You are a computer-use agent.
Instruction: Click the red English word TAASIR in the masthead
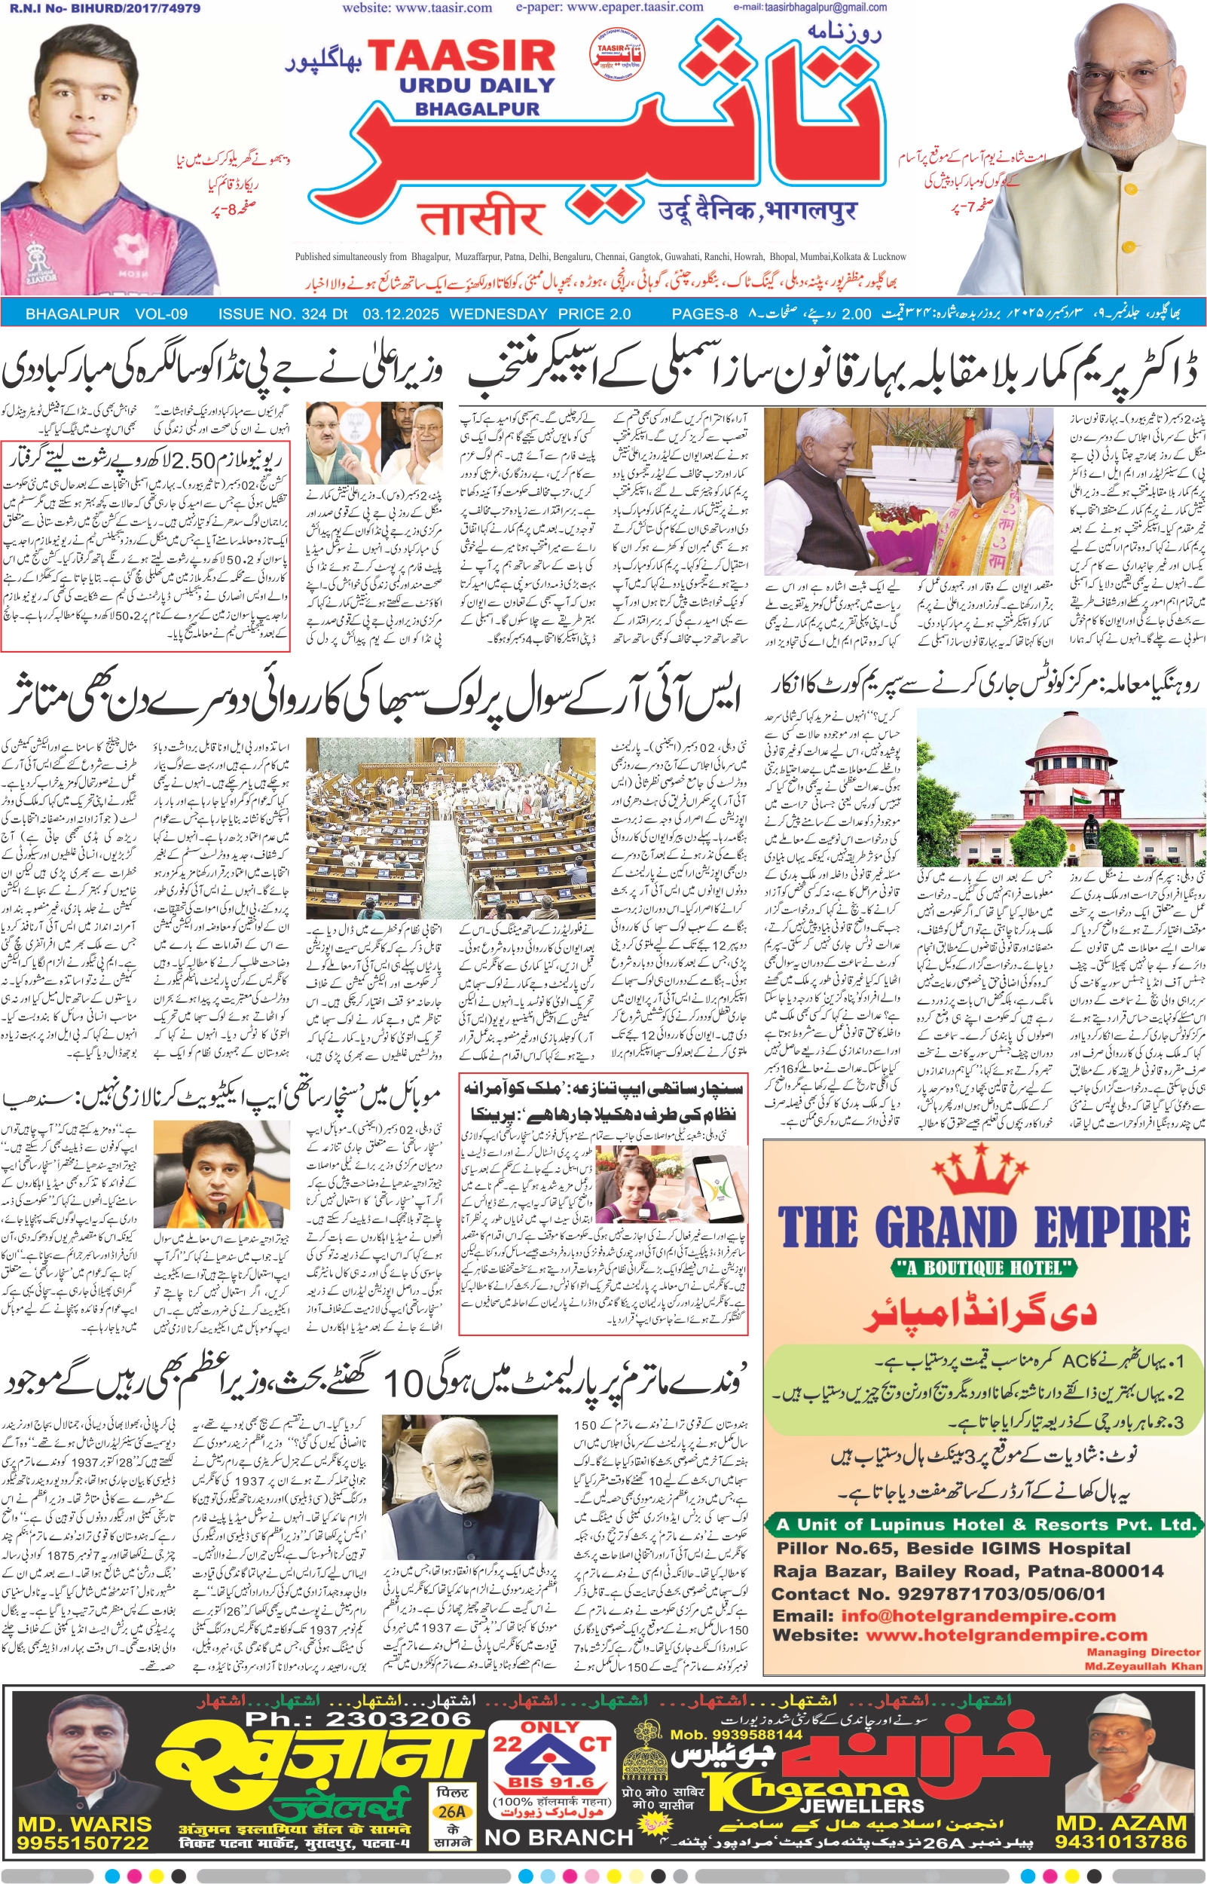[462, 57]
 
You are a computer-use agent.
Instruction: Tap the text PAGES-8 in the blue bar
[704, 314]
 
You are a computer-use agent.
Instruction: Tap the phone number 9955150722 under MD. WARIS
[83, 1843]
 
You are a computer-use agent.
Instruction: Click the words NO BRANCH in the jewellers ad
[558, 1837]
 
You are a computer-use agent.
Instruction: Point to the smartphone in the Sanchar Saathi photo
[707, 1179]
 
